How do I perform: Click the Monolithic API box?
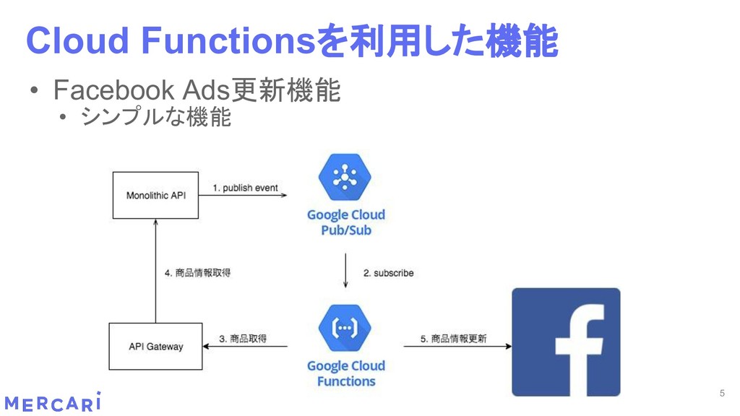point(155,195)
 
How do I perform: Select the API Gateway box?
point(155,347)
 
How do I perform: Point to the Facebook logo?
point(566,342)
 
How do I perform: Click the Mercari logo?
point(52,402)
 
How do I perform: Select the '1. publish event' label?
point(245,188)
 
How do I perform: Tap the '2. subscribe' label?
point(388,273)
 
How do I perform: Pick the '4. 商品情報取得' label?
point(198,273)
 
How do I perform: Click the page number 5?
point(721,393)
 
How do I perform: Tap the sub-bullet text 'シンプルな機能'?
point(155,116)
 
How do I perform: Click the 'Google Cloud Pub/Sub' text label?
point(345,222)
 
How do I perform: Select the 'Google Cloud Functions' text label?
point(345,373)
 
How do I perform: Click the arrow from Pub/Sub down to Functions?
point(346,272)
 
